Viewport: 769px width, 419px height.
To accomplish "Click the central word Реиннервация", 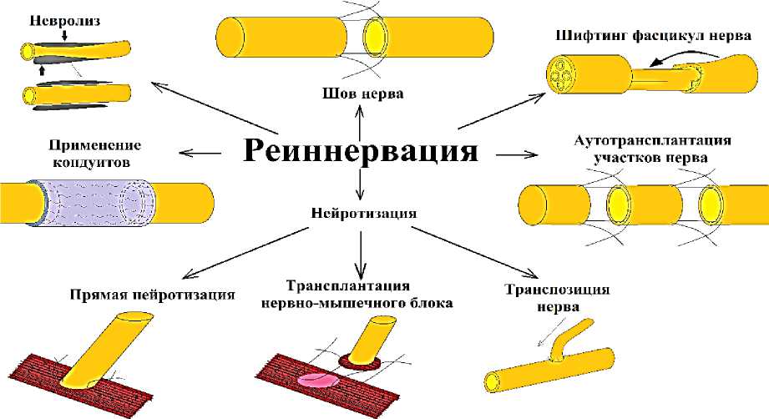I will coord(361,150).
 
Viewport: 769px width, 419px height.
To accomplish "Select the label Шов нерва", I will coord(362,93).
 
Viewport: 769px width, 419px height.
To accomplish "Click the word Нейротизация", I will coord(361,212).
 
